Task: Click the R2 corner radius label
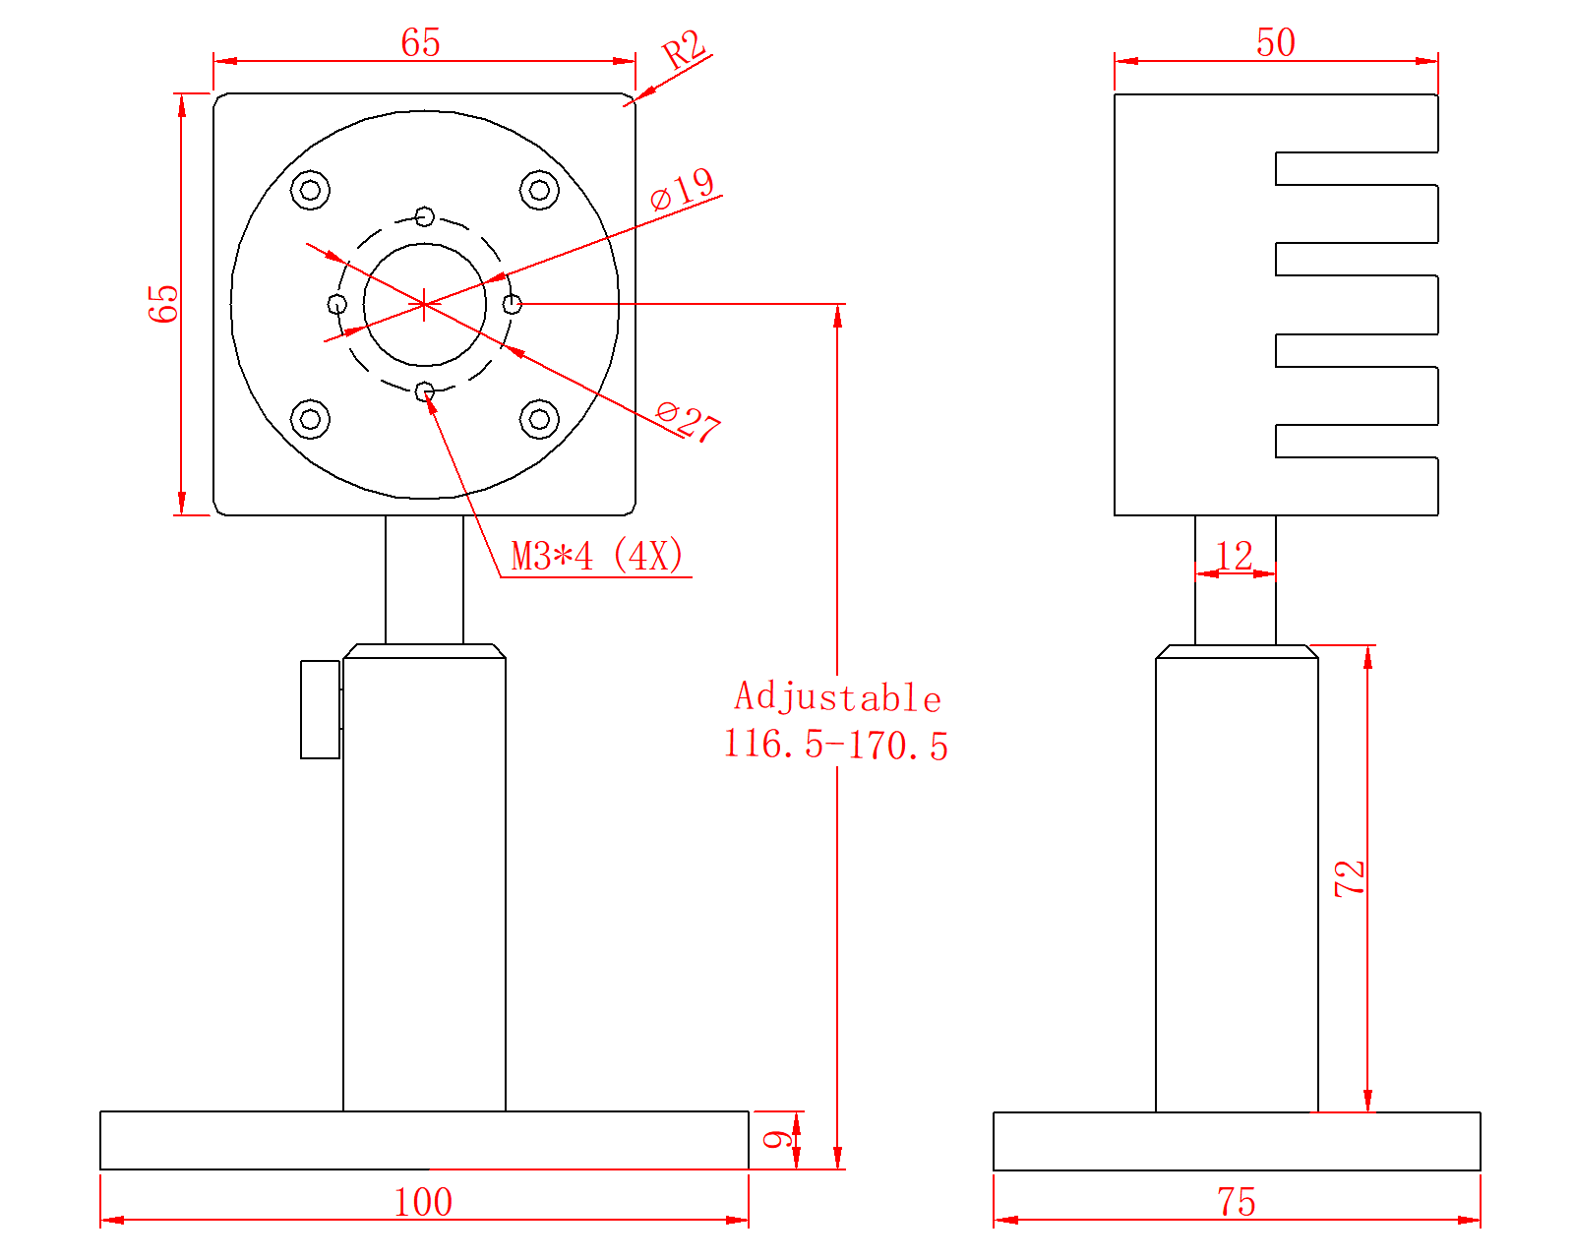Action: [x=684, y=50]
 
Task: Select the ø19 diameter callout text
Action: [x=682, y=189]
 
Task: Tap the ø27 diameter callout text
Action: [x=688, y=421]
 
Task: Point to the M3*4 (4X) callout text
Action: [x=597, y=556]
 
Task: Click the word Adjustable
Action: [x=837, y=696]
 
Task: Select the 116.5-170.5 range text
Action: [x=835, y=746]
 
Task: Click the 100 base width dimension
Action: [x=423, y=1202]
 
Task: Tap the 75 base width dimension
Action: [x=1237, y=1202]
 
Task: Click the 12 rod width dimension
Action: [x=1235, y=556]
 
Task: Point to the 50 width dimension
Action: [x=1276, y=42]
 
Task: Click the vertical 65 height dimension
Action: [x=162, y=304]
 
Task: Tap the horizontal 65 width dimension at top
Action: [x=421, y=42]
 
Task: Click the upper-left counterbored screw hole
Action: [x=310, y=190]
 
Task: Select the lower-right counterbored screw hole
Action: [x=539, y=419]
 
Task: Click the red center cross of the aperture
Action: [x=424, y=304]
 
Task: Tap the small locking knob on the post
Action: [x=321, y=709]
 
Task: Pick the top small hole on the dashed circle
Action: [x=425, y=216]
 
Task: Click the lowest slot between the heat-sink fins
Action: [x=1357, y=441]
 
